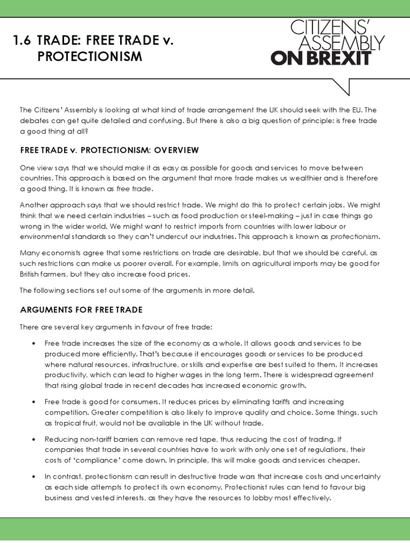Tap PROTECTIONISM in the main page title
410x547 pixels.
(x=90, y=57)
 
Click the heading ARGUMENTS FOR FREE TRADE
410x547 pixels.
(x=81, y=309)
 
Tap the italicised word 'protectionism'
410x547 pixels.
(x=355, y=236)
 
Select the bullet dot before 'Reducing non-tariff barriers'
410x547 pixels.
(x=34, y=439)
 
